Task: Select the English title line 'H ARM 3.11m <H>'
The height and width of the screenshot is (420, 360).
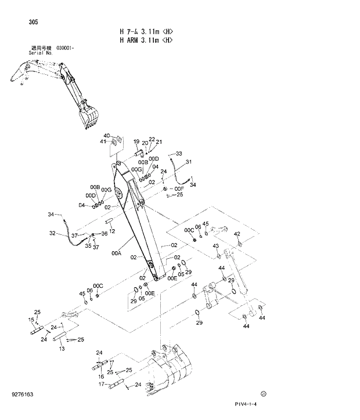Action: (x=146, y=40)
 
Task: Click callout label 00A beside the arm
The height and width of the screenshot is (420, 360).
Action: (x=116, y=254)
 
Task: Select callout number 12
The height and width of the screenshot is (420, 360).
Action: (x=112, y=231)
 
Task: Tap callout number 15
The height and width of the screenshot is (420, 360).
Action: (x=31, y=320)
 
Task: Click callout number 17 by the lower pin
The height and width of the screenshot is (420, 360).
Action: (x=100, y=384)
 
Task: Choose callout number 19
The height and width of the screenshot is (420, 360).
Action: (x=136, y=142)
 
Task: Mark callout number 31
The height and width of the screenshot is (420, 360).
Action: (x=189, y=162)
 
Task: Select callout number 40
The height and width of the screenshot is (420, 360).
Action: (x=106, y=136)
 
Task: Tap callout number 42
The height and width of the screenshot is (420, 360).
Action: (x=236, y=234)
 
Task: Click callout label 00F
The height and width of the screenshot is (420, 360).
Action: (x=179, y=189)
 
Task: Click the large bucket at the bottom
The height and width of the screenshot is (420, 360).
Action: (x=168, y=371)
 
